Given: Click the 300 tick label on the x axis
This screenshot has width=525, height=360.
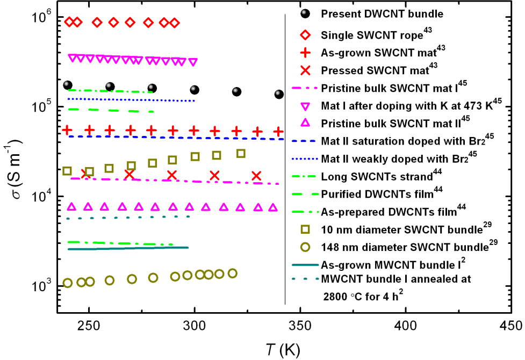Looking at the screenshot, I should click(194, 325).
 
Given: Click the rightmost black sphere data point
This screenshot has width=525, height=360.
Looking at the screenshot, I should click(279, 94).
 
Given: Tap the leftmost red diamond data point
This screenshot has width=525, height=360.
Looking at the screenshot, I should click(69, 22).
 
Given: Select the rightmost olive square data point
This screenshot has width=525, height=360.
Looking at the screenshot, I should click(241, 154).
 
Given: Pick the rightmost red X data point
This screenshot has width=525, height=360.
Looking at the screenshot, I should click(256, 176).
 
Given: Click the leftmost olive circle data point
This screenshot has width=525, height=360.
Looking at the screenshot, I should click(68, 283).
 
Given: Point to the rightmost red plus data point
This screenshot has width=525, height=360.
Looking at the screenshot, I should click(278, 131).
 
